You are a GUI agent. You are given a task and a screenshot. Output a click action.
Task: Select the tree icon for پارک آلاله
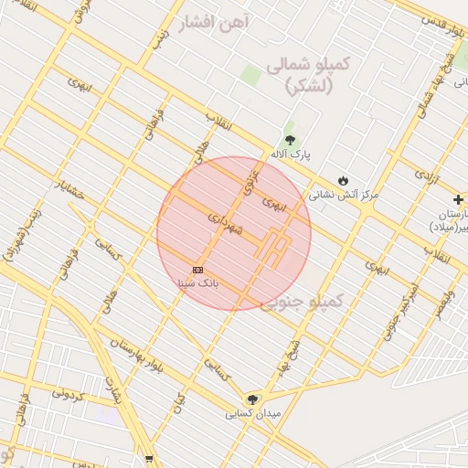[x=291, y=140]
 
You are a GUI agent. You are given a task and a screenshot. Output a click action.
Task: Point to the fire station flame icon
[x=344, y=180]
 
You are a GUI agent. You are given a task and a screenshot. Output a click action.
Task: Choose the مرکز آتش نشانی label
[x=344, y=194]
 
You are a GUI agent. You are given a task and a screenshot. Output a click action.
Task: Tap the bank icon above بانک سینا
[x=198, y=270]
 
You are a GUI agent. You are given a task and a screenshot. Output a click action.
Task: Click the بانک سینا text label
[x=198, y=283]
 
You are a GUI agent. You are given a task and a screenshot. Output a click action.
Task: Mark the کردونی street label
[x=69, y=395]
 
